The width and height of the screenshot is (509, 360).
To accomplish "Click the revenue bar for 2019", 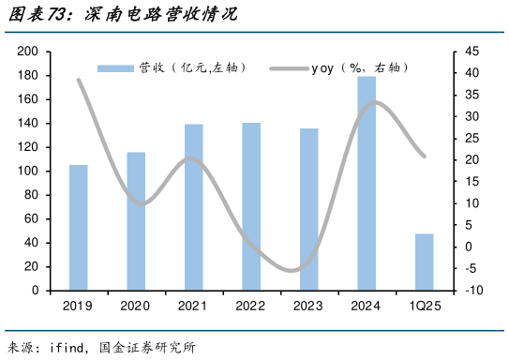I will pyautogui.click(x=79, y=228).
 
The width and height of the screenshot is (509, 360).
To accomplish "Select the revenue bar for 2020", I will pyautogui.click(x=136, y=221).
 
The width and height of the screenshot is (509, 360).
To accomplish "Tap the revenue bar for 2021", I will pyautogui.click(x=194, y=207).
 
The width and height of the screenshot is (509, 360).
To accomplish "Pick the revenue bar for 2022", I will pyautogui.click(x=251, y=206).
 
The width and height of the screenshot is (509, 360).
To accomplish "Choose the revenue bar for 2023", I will pyautogui.click(x=308, y=209).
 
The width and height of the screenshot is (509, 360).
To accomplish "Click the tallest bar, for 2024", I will pyautogui.click(x=367, y=184).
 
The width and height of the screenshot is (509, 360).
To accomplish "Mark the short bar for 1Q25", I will pyautogui.click(x=424, y=262).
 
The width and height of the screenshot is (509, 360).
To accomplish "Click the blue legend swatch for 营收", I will pyautogui.click(x=116, y=67).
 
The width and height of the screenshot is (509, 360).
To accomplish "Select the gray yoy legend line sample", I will pyautogui.click(x=289, y=67).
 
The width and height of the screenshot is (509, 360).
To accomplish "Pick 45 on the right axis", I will pyautogui.click(x=471, y=52).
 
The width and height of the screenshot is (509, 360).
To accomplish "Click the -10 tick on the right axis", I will pyautogui.click(x=472, y=291).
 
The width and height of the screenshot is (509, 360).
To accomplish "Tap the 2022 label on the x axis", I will pyautogui.click(x=251, y=307).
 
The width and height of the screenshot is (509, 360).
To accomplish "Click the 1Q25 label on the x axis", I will pyautogui.click(x=424, y=307).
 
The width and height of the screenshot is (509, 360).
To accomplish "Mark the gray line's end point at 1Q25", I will pyautogui.click(x=424, y=157).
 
